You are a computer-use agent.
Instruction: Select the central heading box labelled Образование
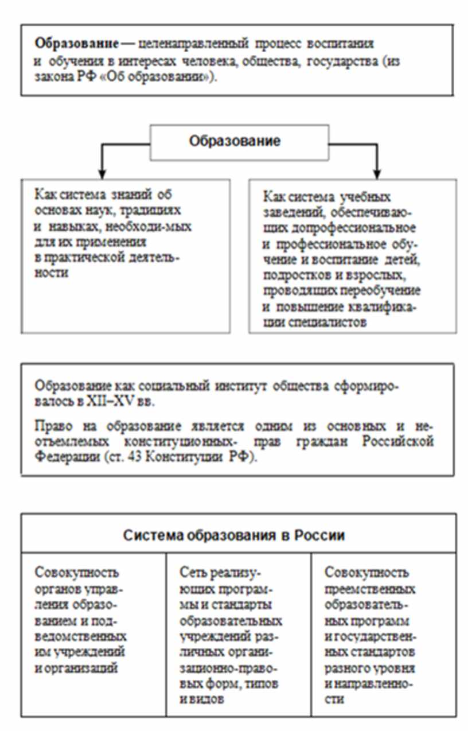[x=235, y=142]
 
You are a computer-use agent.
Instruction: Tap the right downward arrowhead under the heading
[x=376, y=172]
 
